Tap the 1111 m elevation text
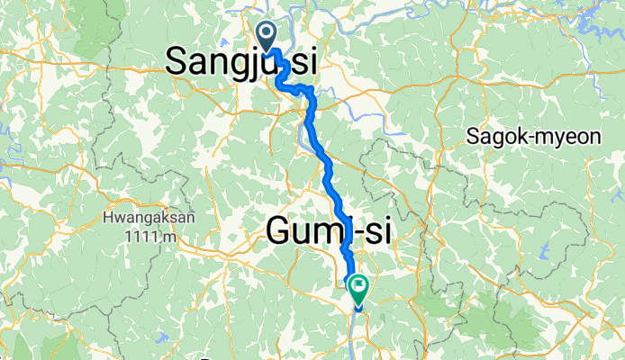tap(150, 236)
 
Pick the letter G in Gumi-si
tap(280, 232)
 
